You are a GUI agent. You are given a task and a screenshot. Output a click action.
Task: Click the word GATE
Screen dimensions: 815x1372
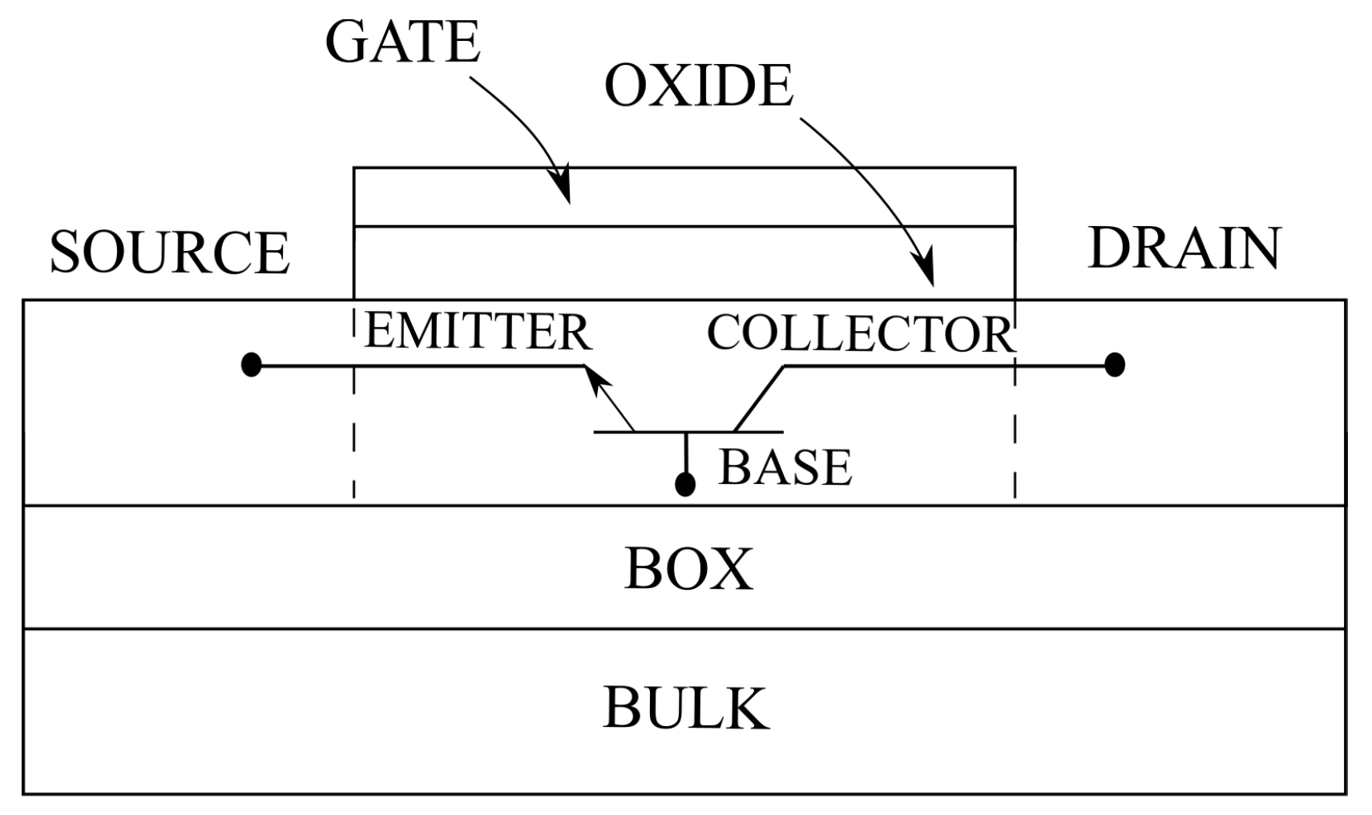402,42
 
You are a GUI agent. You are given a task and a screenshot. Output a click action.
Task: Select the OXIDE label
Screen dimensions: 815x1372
698,86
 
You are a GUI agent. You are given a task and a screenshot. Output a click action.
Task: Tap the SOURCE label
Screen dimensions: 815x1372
169,252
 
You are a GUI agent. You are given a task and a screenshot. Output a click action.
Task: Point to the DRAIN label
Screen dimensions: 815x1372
1184,248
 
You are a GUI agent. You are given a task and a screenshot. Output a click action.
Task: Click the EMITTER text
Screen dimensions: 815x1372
478,332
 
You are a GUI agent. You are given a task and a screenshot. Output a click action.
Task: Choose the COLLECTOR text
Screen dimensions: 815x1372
860,333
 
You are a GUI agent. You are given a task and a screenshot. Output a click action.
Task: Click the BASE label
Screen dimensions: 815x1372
785,467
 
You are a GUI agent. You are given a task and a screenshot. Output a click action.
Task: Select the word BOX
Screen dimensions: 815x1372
688,569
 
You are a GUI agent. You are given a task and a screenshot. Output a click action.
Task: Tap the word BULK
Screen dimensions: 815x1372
685,707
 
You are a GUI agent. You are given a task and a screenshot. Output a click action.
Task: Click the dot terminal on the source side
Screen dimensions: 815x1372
252,365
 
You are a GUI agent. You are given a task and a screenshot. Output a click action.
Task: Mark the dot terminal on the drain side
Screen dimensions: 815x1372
1114,365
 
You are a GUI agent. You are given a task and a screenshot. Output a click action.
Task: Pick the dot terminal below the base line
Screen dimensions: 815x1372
684,484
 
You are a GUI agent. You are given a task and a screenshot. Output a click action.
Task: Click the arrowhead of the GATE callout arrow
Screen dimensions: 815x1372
563,189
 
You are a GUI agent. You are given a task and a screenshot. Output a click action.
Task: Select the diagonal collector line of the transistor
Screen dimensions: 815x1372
758,399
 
